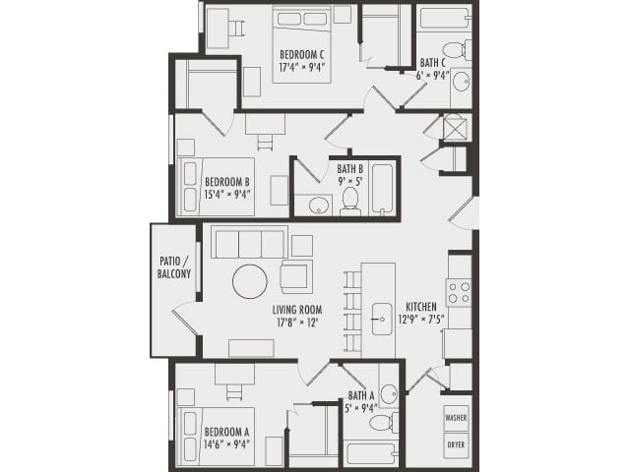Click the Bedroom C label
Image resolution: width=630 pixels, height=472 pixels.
(303, 53)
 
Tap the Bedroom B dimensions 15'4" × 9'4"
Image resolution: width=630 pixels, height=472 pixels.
(227, 194)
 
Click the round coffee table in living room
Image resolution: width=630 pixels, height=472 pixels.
(250, 282)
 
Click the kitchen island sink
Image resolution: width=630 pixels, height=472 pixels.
(378, 320)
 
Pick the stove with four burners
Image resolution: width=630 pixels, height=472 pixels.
(459, 292)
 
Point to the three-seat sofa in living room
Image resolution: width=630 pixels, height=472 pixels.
(249, 241)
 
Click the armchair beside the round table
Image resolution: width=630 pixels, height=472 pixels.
(295, 276)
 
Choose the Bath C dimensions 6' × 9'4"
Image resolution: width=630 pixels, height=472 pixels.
(433, 75)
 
